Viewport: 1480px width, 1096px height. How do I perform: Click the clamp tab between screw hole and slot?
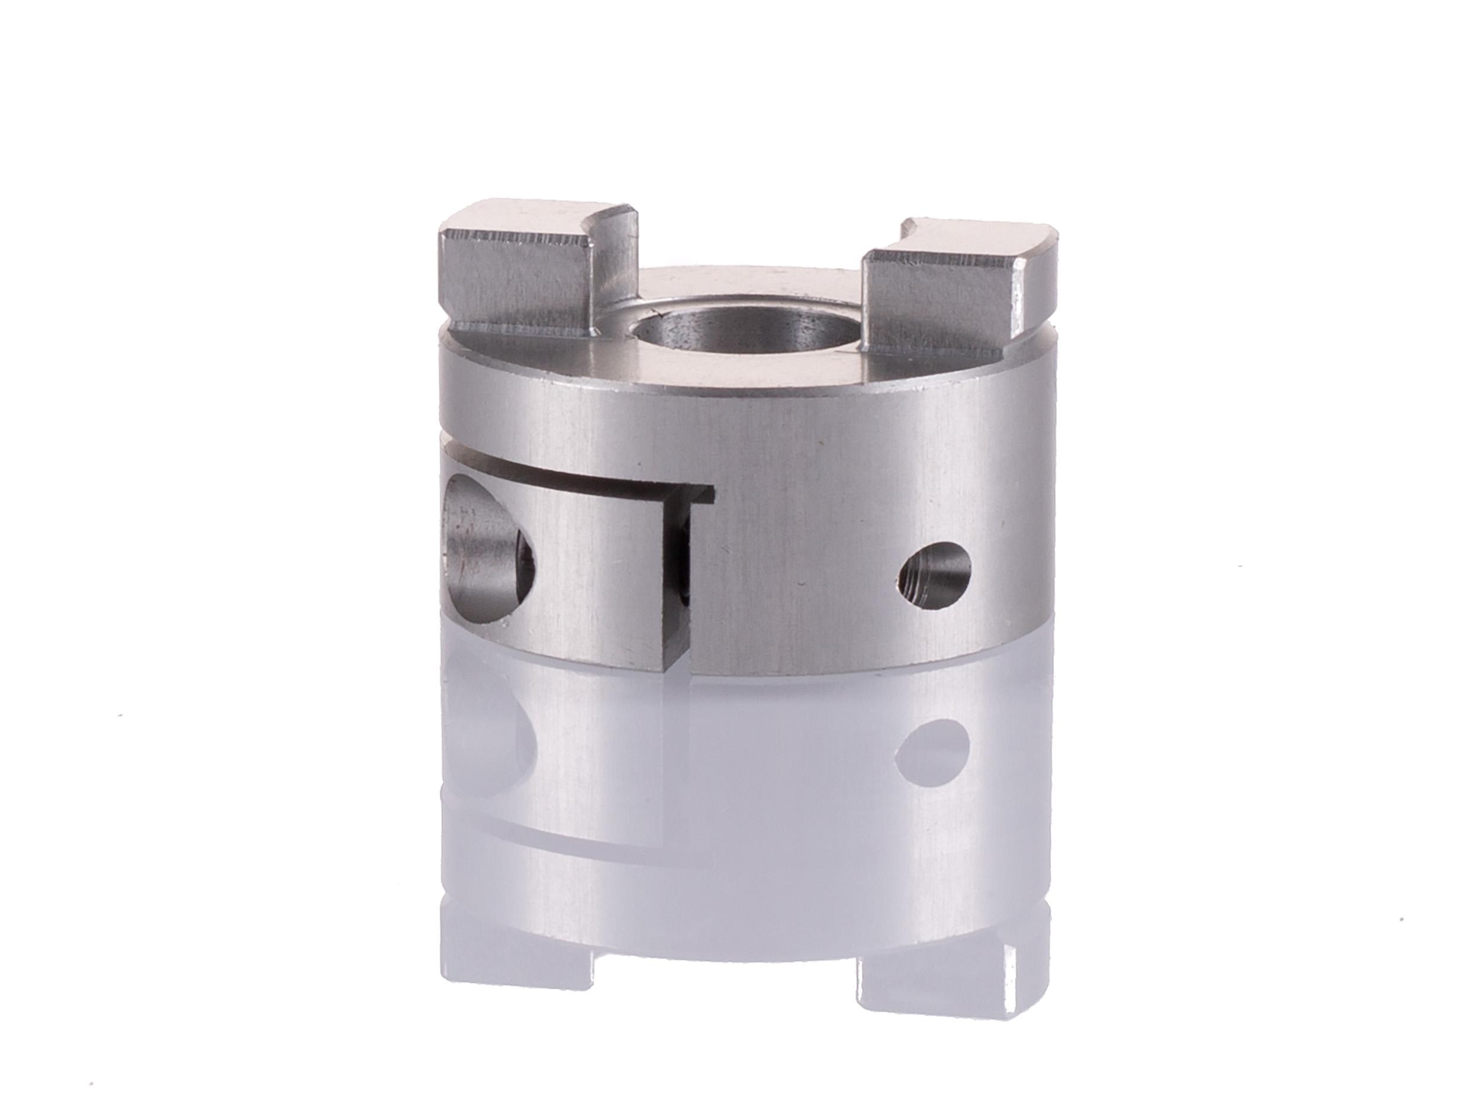(597, 570)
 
